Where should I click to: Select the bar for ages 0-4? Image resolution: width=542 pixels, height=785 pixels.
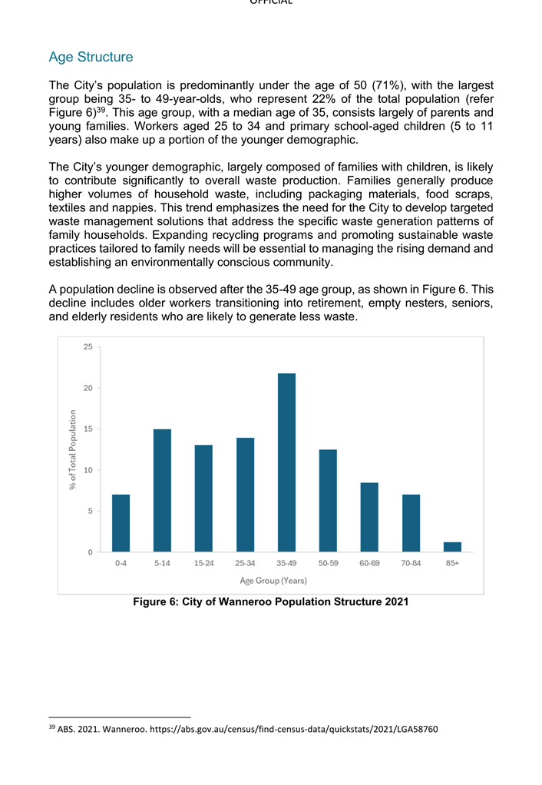tap(121, 523)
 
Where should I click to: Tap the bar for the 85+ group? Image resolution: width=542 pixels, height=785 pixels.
tap(452, 547)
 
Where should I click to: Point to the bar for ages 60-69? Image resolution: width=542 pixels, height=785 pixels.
tap(369, 517)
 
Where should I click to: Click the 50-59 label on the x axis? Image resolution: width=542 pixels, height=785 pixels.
tap(328, 564)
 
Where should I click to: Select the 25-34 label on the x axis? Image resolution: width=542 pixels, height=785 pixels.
tap(245, 564)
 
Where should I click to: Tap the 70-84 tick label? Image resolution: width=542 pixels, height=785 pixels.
tap(411, 564)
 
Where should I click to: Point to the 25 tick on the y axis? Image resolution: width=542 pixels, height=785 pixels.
tap(88, 347)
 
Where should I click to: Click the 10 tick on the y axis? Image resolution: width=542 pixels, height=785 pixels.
tap(88, 470)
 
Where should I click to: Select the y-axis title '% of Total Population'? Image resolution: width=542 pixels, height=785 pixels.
tap(73, 449)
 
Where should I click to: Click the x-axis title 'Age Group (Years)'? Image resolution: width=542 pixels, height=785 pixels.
tap(273, 581)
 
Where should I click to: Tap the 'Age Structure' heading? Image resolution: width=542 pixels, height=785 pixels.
tap(91, 57)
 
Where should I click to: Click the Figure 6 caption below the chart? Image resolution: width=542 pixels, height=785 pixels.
tap(270, 602)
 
